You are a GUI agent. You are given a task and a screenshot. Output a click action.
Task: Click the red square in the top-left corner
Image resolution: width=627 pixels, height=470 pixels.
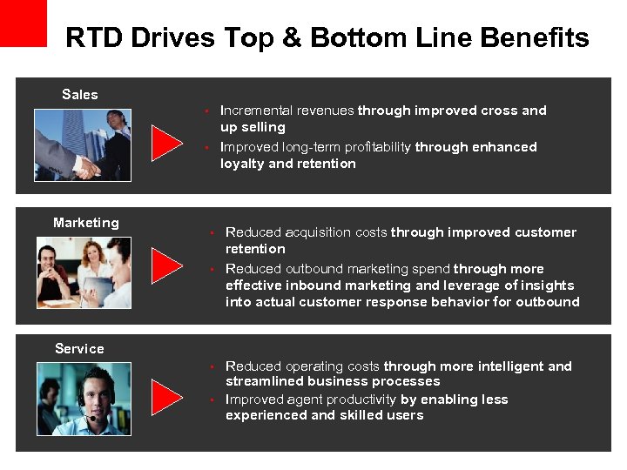(x=23, y=23)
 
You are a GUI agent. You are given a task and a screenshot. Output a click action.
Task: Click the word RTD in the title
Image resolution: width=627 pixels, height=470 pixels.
(x=94, y=38)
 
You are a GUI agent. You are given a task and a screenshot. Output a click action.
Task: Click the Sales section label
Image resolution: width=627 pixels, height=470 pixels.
(x=80, y=94)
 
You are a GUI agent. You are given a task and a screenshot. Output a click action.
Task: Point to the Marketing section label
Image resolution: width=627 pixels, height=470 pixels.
(x=85, y=223)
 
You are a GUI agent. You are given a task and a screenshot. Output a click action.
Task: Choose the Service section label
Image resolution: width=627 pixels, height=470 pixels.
(x=79, y=348)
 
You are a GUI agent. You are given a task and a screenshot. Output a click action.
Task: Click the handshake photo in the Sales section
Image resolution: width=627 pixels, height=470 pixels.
(x=83, y=144)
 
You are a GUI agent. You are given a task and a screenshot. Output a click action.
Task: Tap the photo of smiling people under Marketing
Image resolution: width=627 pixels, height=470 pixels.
(x=83, y=272)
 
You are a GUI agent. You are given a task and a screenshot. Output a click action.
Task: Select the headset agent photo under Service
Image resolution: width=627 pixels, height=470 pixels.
(x=83, y=399)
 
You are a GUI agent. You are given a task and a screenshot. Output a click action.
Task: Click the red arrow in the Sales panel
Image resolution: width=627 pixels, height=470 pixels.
(x=166, y=143)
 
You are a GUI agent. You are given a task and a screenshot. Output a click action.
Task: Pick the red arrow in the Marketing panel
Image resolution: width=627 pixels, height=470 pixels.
(x=166, y=266)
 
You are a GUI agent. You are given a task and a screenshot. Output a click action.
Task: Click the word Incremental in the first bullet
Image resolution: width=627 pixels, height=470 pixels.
(x=257, y=111)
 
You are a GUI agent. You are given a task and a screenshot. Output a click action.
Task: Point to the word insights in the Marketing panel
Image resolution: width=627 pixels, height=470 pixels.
(x=544, y=285)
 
